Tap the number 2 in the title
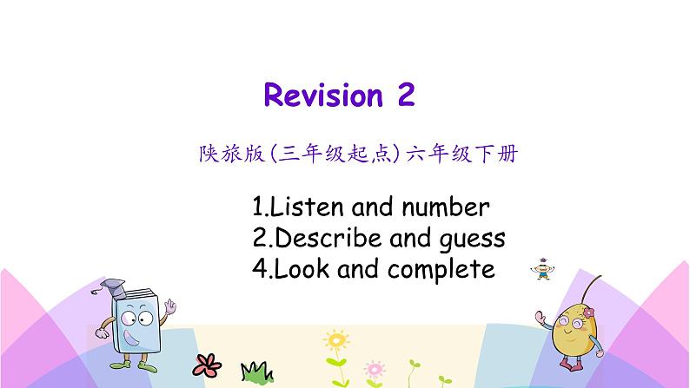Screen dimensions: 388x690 coord(405,95)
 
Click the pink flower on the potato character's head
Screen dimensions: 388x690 coord(588,311)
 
